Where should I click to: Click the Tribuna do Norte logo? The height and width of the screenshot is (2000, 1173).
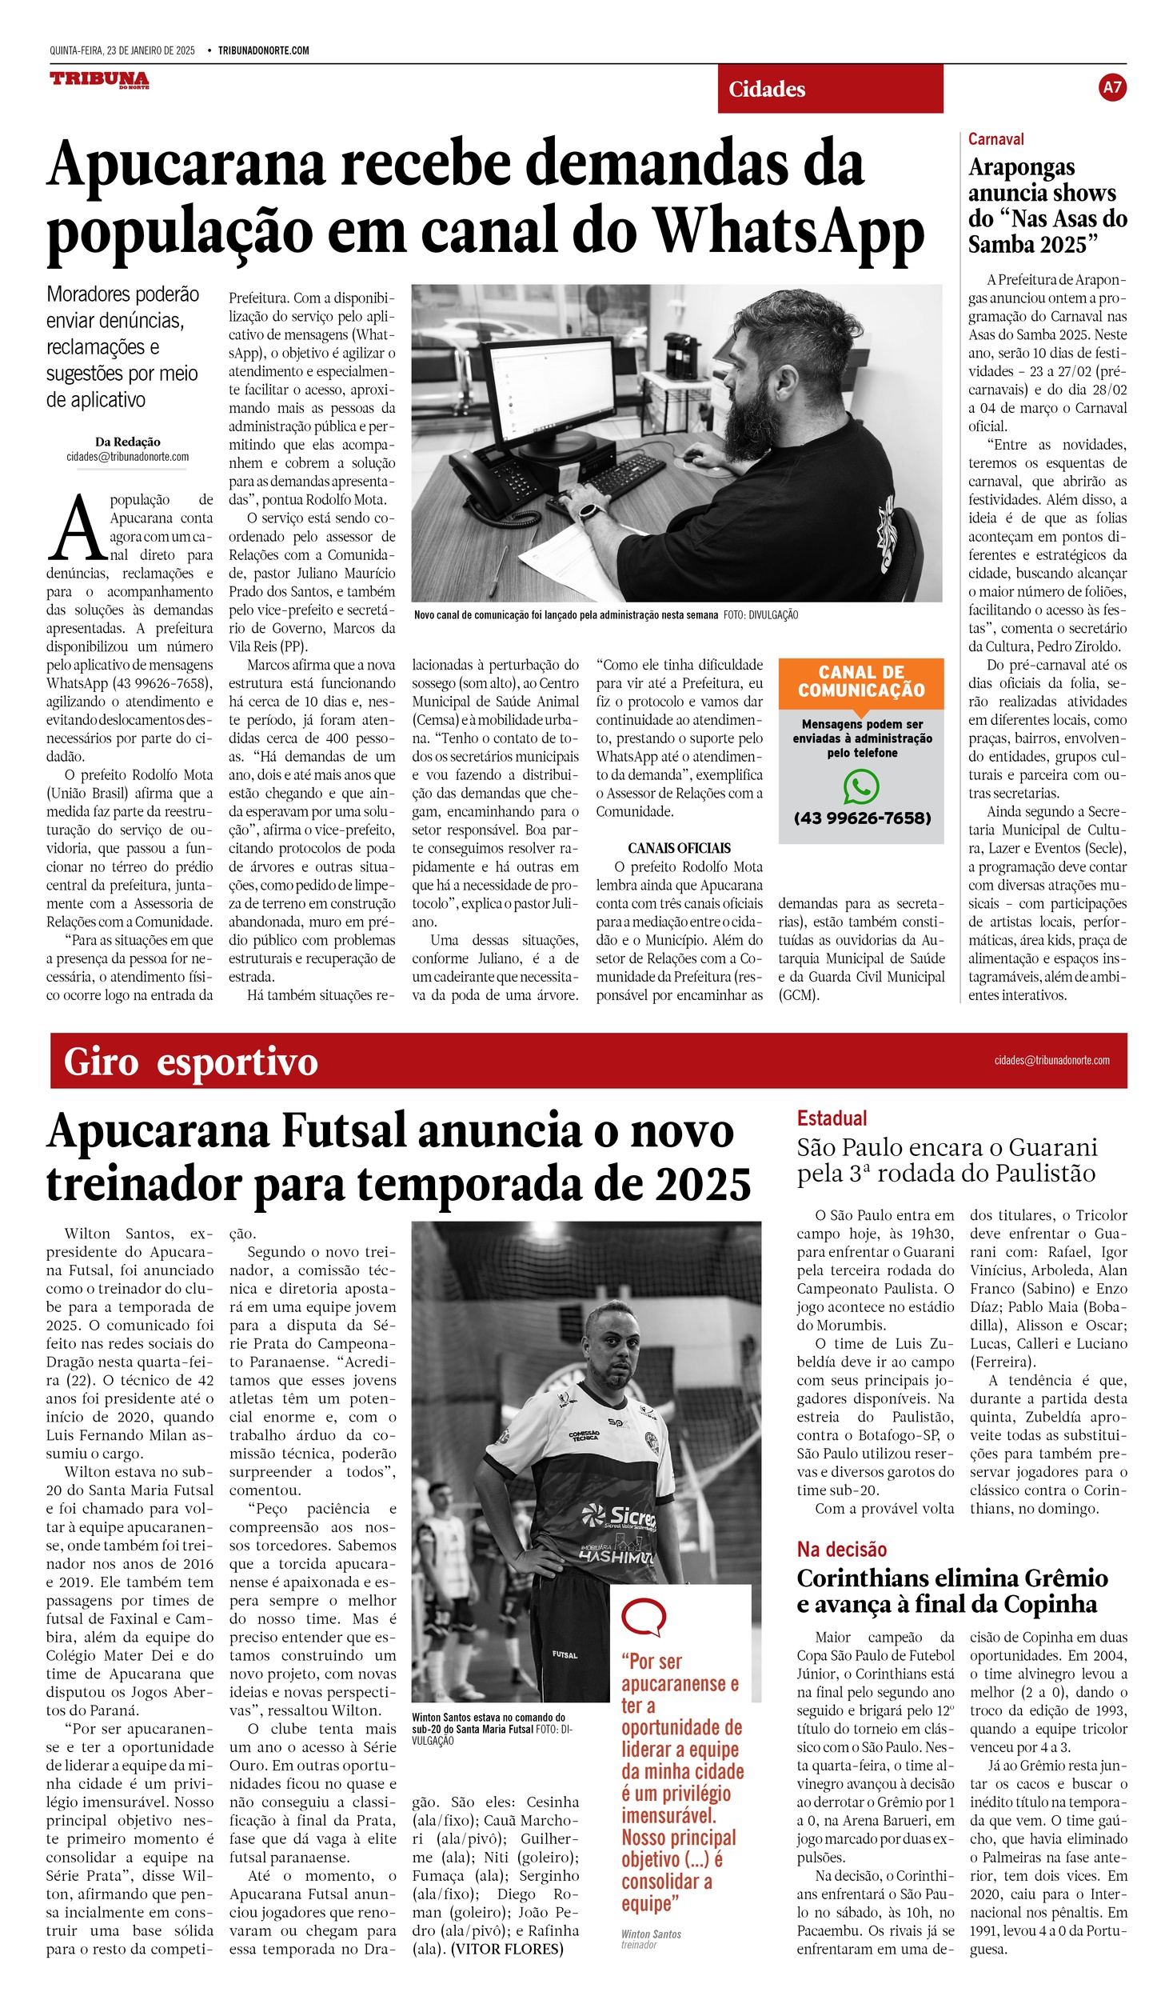(x=99, y=79)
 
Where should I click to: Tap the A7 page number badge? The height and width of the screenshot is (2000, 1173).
(x=1112, y=87)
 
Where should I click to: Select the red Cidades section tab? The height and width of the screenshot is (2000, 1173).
(x=829, y=89)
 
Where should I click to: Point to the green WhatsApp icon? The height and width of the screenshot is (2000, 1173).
(x=861, y=786)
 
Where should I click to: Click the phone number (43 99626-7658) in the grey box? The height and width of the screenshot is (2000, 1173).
(x=862, y=818)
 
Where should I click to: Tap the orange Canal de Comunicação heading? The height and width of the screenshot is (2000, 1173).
(x=861, y=682)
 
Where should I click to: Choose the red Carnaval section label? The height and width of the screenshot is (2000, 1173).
(x=995, y=139)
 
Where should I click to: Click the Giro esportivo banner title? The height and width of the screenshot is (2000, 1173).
(x=190, y=1062)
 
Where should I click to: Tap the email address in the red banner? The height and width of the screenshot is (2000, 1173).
(x=1051, y=1061)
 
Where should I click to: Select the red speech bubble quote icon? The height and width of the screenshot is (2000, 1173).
(x=643, y=1617)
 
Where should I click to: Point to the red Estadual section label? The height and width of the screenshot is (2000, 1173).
(x=832, y=1118)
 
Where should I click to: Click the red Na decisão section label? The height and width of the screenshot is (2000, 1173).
(x=841, y=1550)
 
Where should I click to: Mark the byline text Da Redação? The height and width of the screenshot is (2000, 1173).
(x=127, y=442)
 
